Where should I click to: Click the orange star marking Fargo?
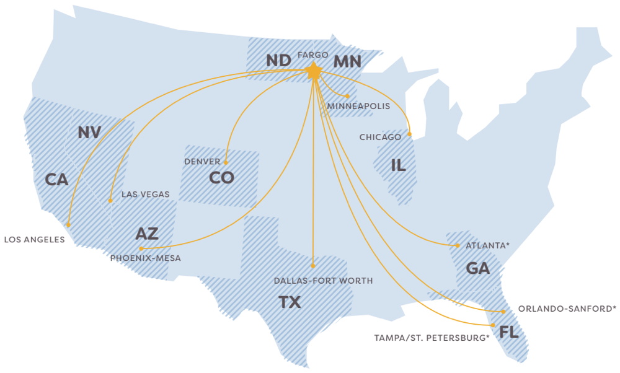coord(314,72)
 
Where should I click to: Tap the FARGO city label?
coord(312,55)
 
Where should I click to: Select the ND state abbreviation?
coord(279,61)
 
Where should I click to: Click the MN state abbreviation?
coord(347,61)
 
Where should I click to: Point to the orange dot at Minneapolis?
coord(348,96)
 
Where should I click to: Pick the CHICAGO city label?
coord(380,137)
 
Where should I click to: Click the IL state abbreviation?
coord(398,165)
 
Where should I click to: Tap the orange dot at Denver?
coord(226,162)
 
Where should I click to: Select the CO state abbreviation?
coord(221,178)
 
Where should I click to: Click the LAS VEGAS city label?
coord(145,195)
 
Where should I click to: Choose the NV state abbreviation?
coord(89,133)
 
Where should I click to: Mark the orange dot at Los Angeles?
coord(69,225)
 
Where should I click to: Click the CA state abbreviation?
coord(56,180)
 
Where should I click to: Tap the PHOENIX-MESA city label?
coord(146,258)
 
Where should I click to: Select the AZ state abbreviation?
coord(147,234)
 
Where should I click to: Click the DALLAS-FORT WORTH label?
coord(324,281)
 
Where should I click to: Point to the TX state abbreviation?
coord(290,302)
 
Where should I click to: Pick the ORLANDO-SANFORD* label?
coord(567,309)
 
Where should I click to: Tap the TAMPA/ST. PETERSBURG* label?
coord(432,338)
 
